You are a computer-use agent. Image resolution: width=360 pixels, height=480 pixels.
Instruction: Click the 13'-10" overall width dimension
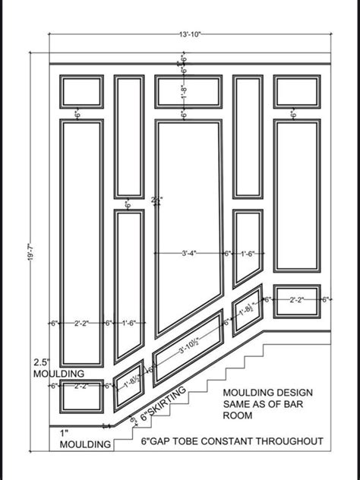pyautogui.click(x=190, y=35)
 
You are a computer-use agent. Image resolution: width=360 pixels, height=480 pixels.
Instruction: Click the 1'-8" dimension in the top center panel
pyautogui.click(x=184, y=91)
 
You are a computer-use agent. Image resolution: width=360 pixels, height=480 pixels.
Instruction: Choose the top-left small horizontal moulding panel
pyautogui.click(x=81, y=91)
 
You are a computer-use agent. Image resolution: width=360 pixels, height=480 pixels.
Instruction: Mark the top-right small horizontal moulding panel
pyautogui.click(x=297, y=91)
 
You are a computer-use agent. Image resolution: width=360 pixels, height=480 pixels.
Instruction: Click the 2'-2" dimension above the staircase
pyautogui.click(x=298, y=300)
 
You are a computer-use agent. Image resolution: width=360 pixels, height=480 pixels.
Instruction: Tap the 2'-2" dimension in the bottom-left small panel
pyautogui.click(x=81, y=386)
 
